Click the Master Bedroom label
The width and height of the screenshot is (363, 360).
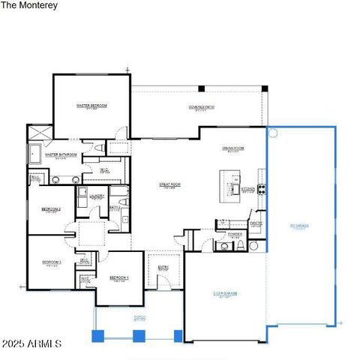point(91,106)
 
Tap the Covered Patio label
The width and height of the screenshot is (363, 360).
point(202,107)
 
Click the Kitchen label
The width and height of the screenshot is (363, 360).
point(248,190)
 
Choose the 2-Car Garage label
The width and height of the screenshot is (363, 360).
point(224,293)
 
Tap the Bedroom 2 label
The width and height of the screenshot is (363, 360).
point(51,208)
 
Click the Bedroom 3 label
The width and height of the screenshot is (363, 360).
point(52,262)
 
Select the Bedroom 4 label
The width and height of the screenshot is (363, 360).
point(119,278)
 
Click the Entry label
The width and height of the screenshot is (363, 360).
point(163,266)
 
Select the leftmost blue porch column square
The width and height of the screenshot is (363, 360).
point(97,336)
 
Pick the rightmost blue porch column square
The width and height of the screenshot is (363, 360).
point(178,335)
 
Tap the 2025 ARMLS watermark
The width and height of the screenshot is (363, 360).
point(31,343)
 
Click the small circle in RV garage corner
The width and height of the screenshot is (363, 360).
point(273,133)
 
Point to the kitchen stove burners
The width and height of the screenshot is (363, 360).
point(261,188)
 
